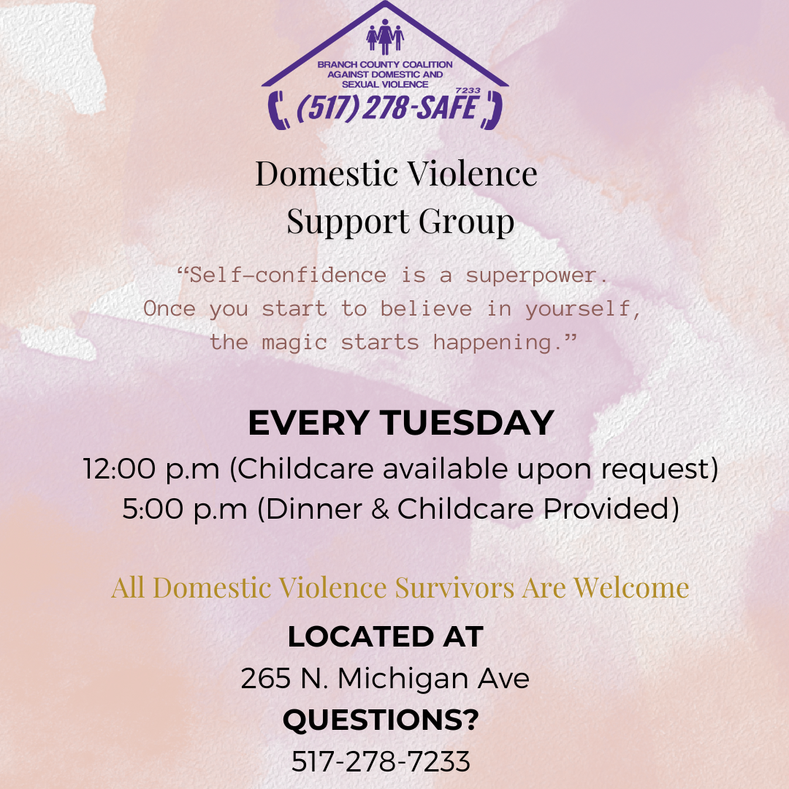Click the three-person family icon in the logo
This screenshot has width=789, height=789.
(x=385, y=37)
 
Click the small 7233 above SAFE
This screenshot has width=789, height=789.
(x=468, y=91)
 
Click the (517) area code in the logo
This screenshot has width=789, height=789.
(x=327, y=107)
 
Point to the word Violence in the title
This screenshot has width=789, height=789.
(x=472, y=174)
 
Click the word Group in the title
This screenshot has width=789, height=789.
(x=466, y=221)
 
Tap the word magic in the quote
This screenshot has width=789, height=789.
(x=295, y=343)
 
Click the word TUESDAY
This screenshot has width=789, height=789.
(x=467, y=422)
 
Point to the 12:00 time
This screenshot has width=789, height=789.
(x=119, y=469)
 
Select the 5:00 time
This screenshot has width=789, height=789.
(x=153, y=508)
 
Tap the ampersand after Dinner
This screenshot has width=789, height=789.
(x=381, y=508)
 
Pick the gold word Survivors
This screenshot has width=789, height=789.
(x=454, y=587)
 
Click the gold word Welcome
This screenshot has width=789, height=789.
(x=631, y=587)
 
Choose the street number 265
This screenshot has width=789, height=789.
(x=266, y=678)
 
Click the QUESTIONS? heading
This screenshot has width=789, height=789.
(x=381, y=720)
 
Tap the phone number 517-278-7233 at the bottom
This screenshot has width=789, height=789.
(x=381, y=761)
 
